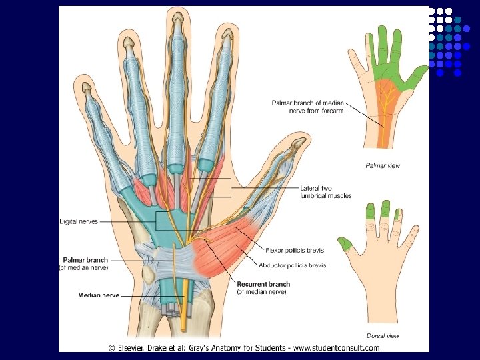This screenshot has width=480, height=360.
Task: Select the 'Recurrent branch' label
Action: coord(263,284)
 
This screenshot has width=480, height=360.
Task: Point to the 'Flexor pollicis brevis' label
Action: coord(295,251)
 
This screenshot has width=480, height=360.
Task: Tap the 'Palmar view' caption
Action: coord(383,165)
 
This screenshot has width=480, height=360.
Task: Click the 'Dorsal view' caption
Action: coord(383,335)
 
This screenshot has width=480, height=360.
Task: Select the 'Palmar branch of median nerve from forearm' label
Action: coord(307,107)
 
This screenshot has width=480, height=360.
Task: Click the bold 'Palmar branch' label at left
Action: coord(85,260)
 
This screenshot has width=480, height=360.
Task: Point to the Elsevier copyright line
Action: coord(244,347)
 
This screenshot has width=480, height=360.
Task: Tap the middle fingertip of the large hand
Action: coord(177,20)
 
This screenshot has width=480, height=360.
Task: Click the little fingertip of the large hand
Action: coord(85,87)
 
